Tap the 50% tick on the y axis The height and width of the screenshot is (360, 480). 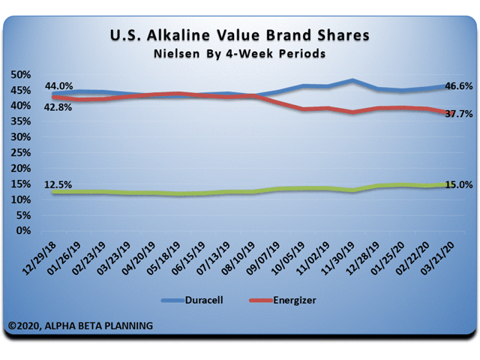point(20,75)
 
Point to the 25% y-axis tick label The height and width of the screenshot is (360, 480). point(20,153)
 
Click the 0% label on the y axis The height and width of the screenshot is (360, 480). point(23,231)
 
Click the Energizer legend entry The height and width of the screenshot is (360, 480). point(282,299)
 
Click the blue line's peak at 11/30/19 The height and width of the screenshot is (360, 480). point(352,80)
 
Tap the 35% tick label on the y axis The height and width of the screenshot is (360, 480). point(20,121)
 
